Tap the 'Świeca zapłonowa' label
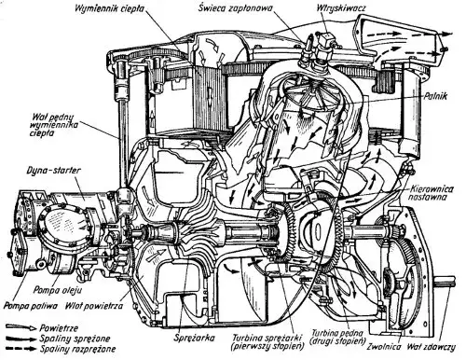click(235, 8)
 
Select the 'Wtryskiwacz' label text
click(341, 7)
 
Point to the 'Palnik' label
click(435, 96)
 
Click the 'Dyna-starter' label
click(54, 171)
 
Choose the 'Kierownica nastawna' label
click(432, 193)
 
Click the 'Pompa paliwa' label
click(31, 306)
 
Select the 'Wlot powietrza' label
click(94, 306)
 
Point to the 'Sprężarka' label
click(195, 338)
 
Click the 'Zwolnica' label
click(384, 346)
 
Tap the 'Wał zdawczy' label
click(432, 346)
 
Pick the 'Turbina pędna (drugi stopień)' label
click(337, 337)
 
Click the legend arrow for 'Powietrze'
click(21, 327)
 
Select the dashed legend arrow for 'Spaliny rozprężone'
click(21, 349)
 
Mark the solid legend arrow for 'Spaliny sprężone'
click(21, 339)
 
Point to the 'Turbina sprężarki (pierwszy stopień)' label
click(267, 342)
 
